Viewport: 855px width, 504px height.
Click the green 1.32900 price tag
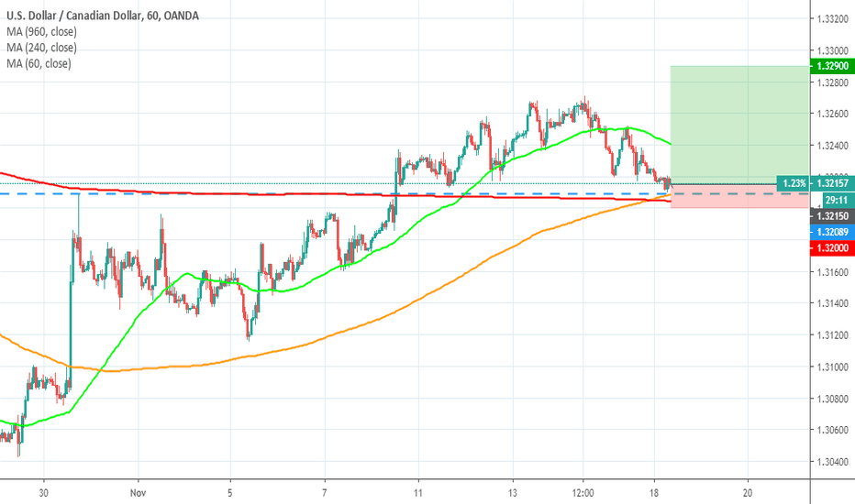click(x=830, y=67)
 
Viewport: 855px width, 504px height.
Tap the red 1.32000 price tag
click(x=830, y=247)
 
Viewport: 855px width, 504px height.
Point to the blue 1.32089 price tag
click(x=830, y=233)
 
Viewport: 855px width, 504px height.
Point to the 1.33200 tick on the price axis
click(x=830, y=19)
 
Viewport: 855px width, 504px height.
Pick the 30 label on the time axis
click(x=43, y=491)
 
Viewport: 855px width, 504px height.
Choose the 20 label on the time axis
click(x=749, y=491)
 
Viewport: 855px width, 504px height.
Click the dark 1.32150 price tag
click(x=830, y=215)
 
